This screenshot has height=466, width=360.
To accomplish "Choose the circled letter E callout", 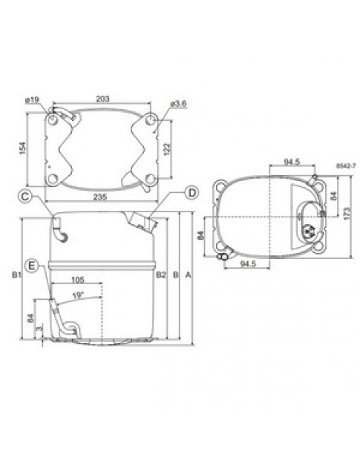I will [x=32, y=265].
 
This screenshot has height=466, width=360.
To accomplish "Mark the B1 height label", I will [x=16, y=275].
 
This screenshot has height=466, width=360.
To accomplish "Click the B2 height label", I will [x=160, y=275].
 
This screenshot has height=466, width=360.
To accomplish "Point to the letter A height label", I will [x=189, y=275].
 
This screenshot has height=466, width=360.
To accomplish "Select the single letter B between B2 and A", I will [x=175, y=275].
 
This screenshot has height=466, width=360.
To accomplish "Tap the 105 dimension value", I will [x=79, y=280].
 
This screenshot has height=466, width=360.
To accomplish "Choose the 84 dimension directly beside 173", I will [x=333, y=196].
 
